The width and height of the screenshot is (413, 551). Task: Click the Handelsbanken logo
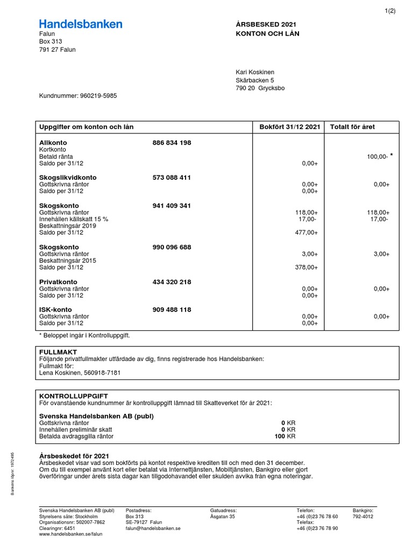point(81,24)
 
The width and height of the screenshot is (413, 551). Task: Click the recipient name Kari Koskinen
point(255,72)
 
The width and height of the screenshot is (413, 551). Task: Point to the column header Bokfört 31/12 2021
point(290,127)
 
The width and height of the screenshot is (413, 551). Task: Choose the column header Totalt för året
point(353,127)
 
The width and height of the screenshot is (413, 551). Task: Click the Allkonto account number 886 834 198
point(172,143)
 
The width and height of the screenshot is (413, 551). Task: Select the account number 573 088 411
point(172,178)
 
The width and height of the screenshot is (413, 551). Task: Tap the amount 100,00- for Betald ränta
point(376,157)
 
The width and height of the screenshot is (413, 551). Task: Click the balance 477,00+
point(307,232)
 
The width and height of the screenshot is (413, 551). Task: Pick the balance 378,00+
point(307,267)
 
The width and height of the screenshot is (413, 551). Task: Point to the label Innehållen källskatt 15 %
point(74,219)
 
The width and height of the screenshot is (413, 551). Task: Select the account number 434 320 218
point(172,282)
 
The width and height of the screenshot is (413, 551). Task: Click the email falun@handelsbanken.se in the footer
point(153,529)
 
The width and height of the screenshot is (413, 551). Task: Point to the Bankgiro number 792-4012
point(363,517)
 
